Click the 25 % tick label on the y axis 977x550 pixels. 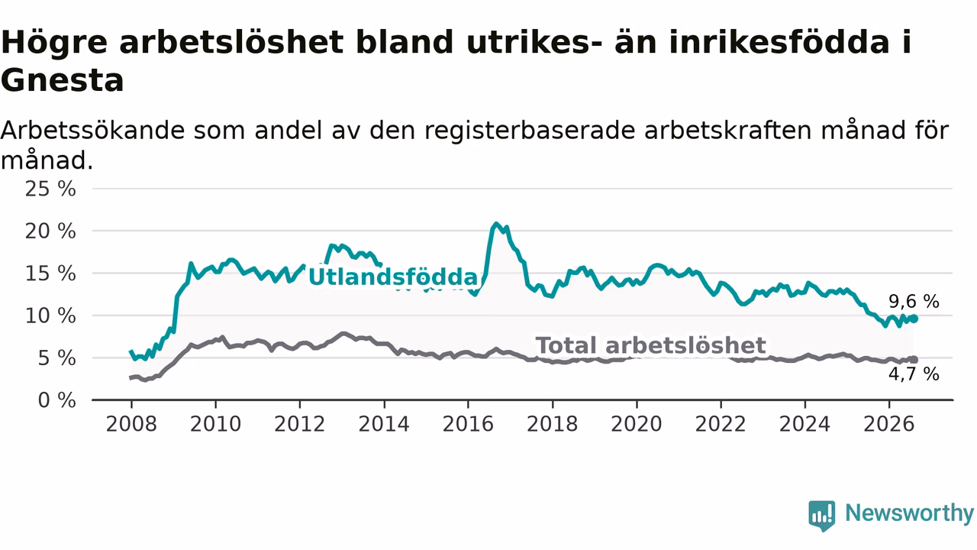click(50, 189)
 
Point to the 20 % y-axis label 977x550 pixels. click(50, 231)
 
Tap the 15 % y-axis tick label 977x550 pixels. click(50, 273)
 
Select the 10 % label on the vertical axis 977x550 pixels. click(50, 316)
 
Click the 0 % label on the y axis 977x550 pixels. click(57, 400)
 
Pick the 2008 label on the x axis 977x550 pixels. click(131, 424)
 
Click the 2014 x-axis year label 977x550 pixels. click(384, 424)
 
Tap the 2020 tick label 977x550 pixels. click(637, 424)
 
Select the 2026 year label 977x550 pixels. click(889, 424)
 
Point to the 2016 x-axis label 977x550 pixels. click(468, 424)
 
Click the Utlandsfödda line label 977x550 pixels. click(393, 277)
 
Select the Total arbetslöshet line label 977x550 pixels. click(651, 345)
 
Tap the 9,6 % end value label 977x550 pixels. click(914, 302)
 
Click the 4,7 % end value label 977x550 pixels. click(914, 374)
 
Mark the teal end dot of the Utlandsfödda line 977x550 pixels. click(914, 319)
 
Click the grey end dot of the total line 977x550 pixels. click(914, 360)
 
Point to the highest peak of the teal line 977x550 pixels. click(496, 224)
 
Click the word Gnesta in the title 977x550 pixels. click(63, 81)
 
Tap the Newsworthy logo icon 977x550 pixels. click(822, 516)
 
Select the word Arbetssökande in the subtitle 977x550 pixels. click(93, 131)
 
